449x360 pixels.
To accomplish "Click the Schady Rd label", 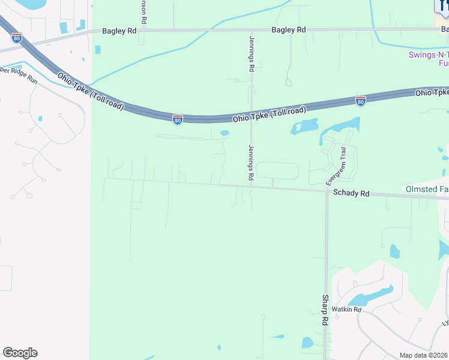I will [x=351, y=194].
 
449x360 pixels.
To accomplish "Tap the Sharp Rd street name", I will [x=325, y=310].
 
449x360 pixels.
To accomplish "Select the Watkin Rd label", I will [x=349, y=310].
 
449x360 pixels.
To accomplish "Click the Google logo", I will [x=20, y=353].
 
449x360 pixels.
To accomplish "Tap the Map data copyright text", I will [x=424, y=355].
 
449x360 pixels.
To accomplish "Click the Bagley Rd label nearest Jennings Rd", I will [x=289, y=29].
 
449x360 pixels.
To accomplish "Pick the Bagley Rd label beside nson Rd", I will [x=119, y=30].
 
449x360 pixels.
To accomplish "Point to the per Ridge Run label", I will [x=17, y=73].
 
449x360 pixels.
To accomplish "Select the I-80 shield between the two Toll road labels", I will [x=178, y=120].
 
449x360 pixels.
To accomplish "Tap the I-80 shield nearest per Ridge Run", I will [x=17, y=37].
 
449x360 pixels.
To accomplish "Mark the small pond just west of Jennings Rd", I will [x=225, y=133].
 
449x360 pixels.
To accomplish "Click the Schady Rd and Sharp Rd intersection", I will [x=327, y=192].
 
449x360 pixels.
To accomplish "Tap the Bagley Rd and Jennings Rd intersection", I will [x=252, y=30].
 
